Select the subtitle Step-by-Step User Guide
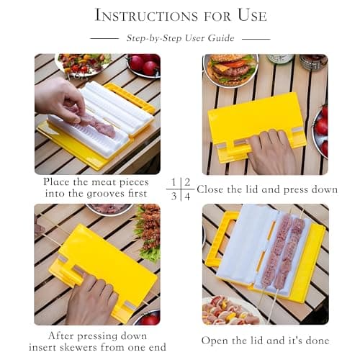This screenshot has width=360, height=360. (x=180, y=38)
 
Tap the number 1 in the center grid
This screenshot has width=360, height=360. (x=175, y=182)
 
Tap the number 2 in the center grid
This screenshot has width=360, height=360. (x=187, y=182)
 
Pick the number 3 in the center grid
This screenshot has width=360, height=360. (x=175, y=195)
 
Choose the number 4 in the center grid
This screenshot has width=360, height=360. (x=187, y=195)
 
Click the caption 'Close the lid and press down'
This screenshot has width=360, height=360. (x=266, y=189)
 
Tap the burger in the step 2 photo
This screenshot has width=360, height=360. (x=231, y=70)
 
